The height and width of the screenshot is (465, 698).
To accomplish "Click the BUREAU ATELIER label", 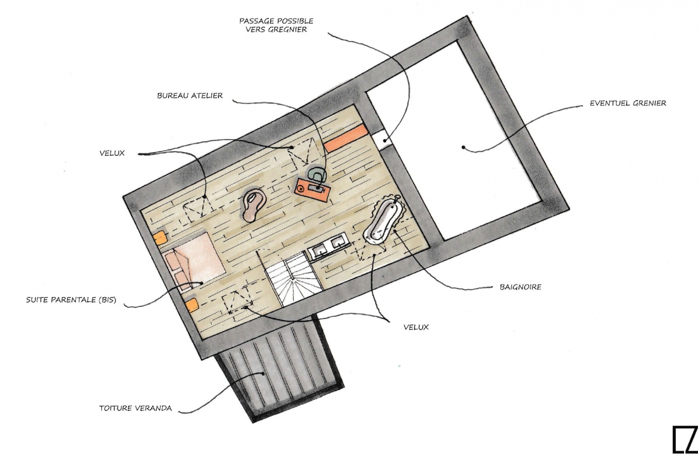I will (190, 95).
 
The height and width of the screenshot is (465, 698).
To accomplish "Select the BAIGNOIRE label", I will (520, 287).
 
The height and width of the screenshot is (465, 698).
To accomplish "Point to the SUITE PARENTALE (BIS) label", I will (71, 301).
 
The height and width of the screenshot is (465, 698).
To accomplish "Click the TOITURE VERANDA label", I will (135, 408).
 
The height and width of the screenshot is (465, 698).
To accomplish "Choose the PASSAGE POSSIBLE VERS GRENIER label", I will (276, 25).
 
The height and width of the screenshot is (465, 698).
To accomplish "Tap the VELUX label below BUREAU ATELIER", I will (112, 153).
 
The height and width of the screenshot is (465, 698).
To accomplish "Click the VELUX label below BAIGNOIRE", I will (416, 327).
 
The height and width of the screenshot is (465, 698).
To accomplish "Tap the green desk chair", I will (317, 175).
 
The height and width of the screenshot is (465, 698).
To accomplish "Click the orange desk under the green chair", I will (312, 188).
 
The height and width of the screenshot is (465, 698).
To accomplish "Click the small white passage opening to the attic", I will (386, 139).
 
